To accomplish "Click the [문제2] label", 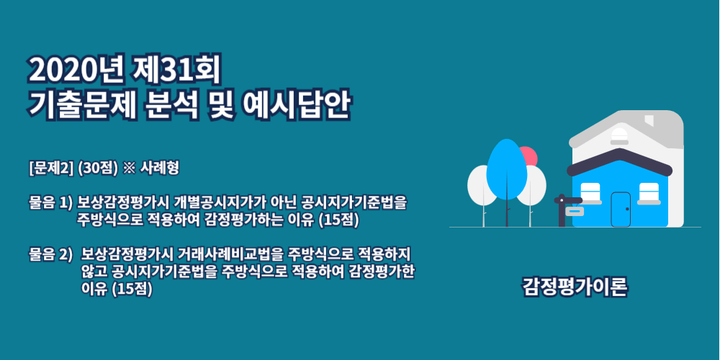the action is [51, 168].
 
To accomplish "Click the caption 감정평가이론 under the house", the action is [575, 287].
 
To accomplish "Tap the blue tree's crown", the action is [506, 169].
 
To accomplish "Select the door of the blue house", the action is [621, 210].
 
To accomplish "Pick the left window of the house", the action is [590, 192].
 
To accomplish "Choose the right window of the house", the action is [649, 192].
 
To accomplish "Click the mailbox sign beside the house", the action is [574, 211].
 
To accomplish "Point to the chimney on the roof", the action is [649, 120].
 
